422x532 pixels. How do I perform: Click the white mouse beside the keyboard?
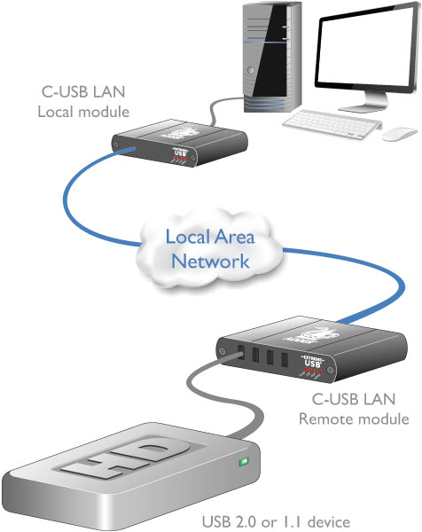click(400, 133)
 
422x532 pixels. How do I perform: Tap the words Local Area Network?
click(211, 249)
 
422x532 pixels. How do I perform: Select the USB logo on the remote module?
click(312, 362)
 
